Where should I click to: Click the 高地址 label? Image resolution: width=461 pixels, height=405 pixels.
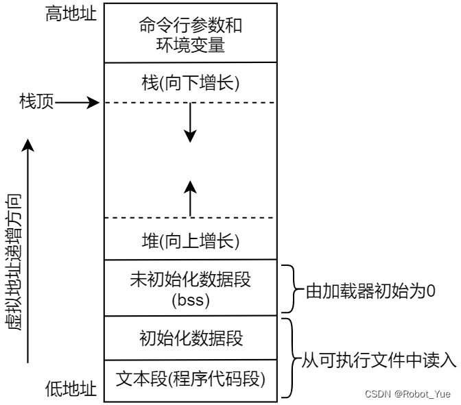(x=71, y=14)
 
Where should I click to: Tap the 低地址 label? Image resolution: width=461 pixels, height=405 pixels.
(x=71, y=389)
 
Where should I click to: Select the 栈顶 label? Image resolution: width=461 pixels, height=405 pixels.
(x=37, y=101)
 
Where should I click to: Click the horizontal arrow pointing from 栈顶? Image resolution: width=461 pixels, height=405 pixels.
(x=78, y=103)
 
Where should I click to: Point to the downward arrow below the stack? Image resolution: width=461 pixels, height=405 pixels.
(x=190, y=123)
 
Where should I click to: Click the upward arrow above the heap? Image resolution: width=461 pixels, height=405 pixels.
(x=190, y=199)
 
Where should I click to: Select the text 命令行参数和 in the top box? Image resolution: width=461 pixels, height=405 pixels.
(x=191, y=25)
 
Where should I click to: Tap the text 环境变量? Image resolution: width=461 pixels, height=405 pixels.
(x=191, y=45)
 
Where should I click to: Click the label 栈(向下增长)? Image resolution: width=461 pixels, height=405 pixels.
(x=191, y=83)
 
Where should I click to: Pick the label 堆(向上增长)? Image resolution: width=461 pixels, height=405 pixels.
(x=191, y=241)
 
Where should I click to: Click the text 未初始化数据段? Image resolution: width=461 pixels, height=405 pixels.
(x=191, y=279)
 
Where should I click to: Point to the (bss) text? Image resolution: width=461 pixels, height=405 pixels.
(x=191, y=300)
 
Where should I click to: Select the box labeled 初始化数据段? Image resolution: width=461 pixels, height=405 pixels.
(x=191, y=338)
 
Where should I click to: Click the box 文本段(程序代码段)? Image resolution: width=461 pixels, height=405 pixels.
(x=191, y=380)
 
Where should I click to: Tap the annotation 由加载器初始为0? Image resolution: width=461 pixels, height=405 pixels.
(x=370, y=291)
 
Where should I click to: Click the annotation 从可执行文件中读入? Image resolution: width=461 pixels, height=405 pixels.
(x=379, y=360)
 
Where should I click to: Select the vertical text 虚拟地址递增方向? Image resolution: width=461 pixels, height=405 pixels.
(x=13, y=262)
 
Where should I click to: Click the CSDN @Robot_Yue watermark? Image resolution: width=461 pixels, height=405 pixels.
(x=407, y=394)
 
